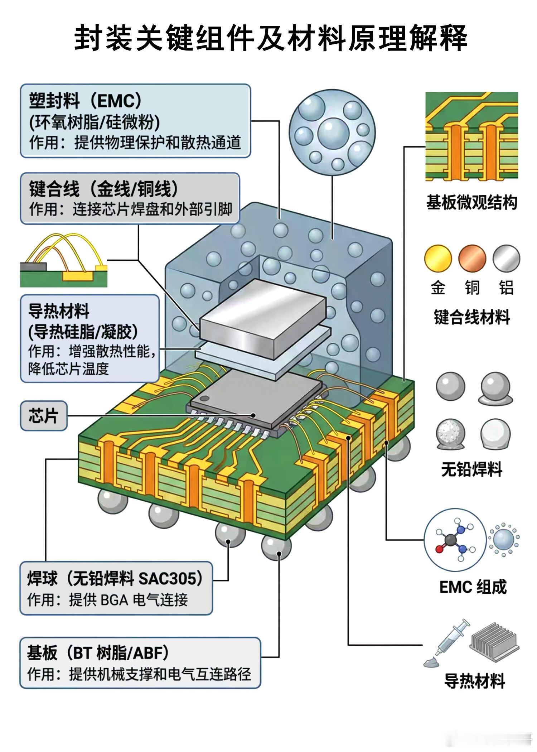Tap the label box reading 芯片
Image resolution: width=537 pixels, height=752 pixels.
tap(43, 415)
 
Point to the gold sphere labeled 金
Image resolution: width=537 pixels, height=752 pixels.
tap(438, 259)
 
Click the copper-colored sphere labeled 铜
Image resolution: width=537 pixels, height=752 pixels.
tap(472, 259)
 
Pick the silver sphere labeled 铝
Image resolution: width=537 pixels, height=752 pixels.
tap(506, 259)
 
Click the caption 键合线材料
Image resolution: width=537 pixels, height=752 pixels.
tap(472, 317)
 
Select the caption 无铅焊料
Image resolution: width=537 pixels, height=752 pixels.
tap(472, 469)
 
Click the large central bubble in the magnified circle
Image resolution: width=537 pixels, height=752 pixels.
tap(333, 132)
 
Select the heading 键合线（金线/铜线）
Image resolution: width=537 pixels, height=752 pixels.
tap(103, 189)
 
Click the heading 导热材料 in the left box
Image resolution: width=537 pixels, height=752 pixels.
tap(59, 311)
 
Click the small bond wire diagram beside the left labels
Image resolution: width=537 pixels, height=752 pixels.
tap(64, 260)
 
